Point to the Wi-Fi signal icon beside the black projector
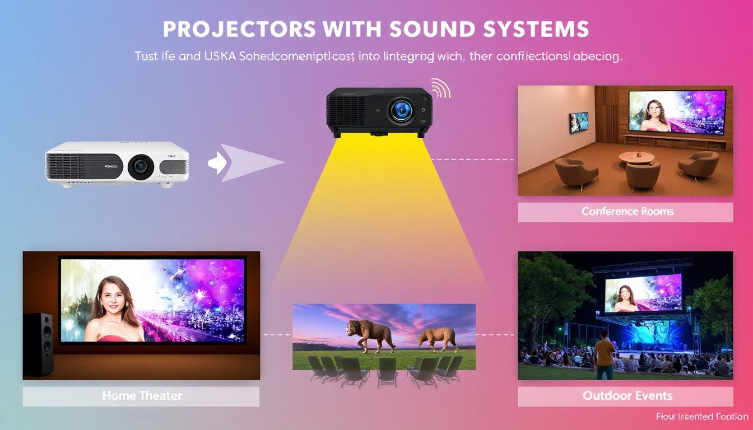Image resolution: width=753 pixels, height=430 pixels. point(440,88)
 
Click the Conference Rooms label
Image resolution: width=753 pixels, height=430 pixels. point(627,212)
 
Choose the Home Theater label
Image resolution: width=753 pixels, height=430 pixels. point(142,396)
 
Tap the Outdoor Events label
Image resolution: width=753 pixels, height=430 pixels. point(627,396)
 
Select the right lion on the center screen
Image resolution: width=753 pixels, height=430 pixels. point(436,338)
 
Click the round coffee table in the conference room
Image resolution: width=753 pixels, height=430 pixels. point(636,157)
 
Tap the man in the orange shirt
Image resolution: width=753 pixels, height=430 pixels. point(605,354)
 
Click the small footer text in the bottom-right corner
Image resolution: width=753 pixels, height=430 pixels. point(701,417)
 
